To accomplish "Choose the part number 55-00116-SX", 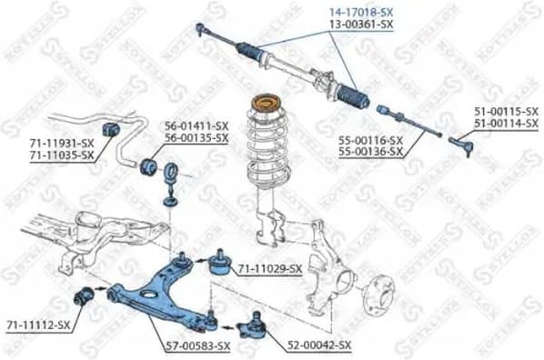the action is [x=369, y=141].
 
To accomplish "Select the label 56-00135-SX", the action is [x=196, y=138].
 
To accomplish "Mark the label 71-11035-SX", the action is [x=61, y=155].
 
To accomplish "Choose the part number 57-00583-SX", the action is [x=197, y=346].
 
